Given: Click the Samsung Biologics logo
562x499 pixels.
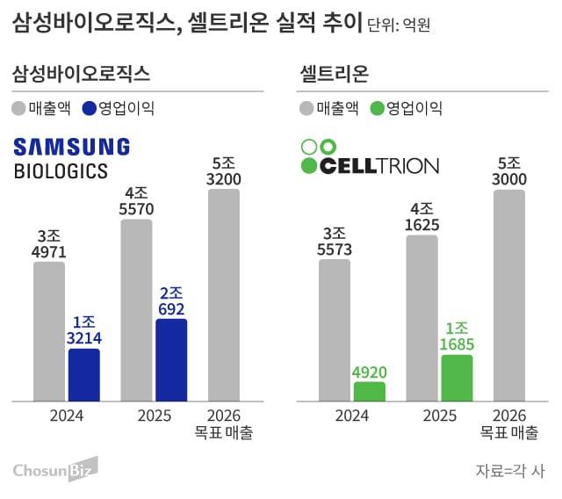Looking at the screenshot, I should click(x=72, y=158).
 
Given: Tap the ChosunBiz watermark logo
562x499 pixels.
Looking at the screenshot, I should click(x=54, y=471).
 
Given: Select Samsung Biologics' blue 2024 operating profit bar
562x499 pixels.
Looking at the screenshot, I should click(x=84, y=375).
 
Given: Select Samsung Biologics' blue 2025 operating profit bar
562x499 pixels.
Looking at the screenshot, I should click(x=171, y=360).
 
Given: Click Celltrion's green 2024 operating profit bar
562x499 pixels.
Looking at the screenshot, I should click(x=370, y=392).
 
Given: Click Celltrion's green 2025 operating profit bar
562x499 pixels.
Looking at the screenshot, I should click(x=457, y=379).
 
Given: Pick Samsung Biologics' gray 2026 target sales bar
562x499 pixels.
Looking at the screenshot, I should click(x=223, y=295).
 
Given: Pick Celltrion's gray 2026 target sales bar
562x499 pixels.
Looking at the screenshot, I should click(x=509, y=295).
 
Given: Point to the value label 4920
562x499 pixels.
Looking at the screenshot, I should click(x=370, y=371).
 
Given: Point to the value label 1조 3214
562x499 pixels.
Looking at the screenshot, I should click(x=84, y=329).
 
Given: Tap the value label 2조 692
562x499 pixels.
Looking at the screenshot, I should click(x=171, y=300).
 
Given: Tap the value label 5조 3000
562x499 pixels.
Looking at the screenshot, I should click(x=509, y=172).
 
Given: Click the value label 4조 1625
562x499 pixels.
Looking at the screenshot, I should click(x=421, y=217).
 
